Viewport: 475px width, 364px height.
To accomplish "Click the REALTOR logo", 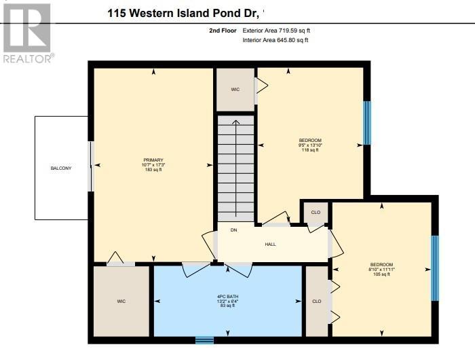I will (26, 33).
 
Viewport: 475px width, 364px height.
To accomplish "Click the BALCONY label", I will (60, 168).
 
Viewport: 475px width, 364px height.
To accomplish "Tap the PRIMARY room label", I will (153, 160).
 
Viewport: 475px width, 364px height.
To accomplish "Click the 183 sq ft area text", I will (153, 169).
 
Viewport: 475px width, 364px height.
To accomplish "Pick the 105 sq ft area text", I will (381, 274).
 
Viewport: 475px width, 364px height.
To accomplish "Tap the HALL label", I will (270, 244).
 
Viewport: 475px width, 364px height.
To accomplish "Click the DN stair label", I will (233, 230).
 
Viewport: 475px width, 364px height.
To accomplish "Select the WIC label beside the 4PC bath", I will (121, 301).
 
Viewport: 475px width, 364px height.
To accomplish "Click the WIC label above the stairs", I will (235, 89).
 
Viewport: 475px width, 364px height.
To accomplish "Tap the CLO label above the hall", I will (315, 213).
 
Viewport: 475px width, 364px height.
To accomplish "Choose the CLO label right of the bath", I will (316, 301).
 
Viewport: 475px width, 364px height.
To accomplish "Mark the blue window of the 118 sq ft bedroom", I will (367, 123).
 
